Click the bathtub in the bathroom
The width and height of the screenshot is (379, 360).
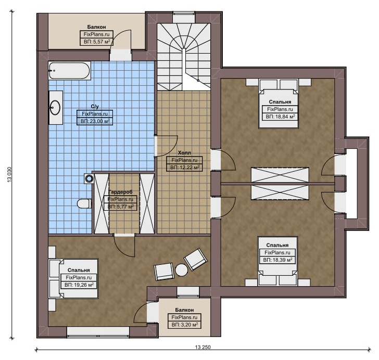coord(70,71)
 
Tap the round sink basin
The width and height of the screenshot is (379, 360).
coord(55,107)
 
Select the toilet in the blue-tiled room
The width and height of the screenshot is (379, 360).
coord(84,203)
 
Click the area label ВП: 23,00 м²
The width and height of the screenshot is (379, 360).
coord(95,121)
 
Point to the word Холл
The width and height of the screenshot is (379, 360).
coord(184,153)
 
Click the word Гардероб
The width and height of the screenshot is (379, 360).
coord(121,192)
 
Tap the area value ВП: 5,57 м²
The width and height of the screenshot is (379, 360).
coord(97,42)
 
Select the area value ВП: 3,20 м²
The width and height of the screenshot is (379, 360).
coord(184,325)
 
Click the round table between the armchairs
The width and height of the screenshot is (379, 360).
coord(182,270)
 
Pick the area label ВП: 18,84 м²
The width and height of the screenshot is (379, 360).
coord(280,117)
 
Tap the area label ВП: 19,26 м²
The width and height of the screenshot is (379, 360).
coord(79,285)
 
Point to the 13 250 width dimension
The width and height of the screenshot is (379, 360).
coord(203,347)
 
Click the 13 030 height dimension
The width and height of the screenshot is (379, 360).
coord(10,174)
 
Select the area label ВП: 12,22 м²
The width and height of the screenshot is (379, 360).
coord(184,167)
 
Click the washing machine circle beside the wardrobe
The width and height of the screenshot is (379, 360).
coord(90,179)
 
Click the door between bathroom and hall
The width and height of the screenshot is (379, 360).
coord(166,146)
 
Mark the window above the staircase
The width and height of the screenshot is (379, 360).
coord(184,18)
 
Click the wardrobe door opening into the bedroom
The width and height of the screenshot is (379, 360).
coord(124,246)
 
